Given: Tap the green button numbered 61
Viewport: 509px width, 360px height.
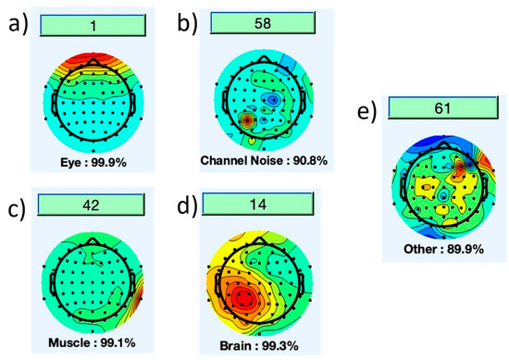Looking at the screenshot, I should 442,110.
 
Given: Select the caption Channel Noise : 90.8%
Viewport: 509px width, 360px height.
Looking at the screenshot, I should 264,161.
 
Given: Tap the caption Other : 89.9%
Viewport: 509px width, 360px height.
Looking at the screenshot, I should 441,249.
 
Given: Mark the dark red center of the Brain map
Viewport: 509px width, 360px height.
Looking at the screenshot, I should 243,298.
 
